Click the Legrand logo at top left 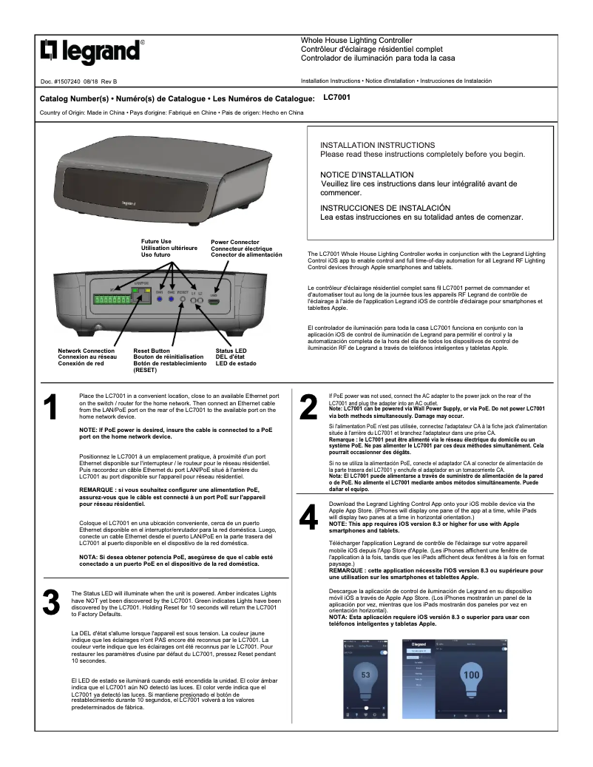pos(90,52)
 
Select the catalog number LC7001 pos(337,97)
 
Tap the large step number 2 pos(308,409)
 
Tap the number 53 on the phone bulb pos(365,675)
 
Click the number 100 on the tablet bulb pos(470,675)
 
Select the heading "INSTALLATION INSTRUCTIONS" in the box pos(377,145)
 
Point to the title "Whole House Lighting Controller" pos(356,40)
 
